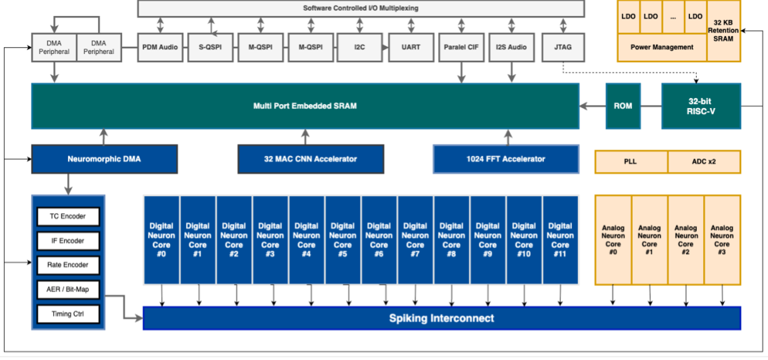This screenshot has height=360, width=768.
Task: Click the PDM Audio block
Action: (160, 47)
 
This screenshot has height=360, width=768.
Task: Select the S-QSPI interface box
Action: (209, 47)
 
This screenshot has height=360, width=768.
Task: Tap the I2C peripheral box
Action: (360, 47)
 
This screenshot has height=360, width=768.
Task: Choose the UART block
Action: (411, 47)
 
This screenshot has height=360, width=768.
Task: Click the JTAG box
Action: (563, 47)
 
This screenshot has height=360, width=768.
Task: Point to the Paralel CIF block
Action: (461, 47)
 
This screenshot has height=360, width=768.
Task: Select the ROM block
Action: (623, 106)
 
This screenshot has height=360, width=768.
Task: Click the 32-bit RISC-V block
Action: (701, 106)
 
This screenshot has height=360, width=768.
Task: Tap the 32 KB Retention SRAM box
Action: (723, 31)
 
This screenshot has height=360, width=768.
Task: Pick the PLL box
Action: (631, 161)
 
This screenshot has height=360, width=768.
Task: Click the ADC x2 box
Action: (704, 161)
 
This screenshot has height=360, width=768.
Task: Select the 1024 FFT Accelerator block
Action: (505, 159)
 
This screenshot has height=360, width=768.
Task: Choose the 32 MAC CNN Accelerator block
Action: (311, 159)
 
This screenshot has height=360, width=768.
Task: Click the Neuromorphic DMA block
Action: (104, 159)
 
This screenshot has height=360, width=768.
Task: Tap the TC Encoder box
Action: (68, 217)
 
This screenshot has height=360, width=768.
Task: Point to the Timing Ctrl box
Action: (68, 314)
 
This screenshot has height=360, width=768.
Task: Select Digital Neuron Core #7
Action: (415, 239)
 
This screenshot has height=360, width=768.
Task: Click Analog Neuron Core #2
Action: (686, 239)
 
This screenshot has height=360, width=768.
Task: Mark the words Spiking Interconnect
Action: (441, 318)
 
